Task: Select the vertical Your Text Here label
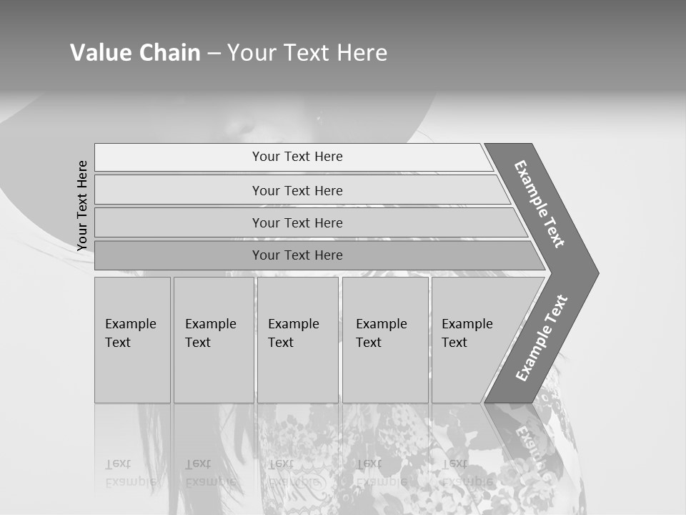click(x=82, y=206)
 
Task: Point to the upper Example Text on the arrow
click(x=540, y=204)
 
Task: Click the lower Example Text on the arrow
click(x=542, y=338)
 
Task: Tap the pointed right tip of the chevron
click(x=595, y=273)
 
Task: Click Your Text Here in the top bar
click(x=297, y=157)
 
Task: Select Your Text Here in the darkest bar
click(x=297, y=255)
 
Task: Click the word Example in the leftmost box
click(x=130, y=324)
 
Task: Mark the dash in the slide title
click(x=214, y=54)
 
